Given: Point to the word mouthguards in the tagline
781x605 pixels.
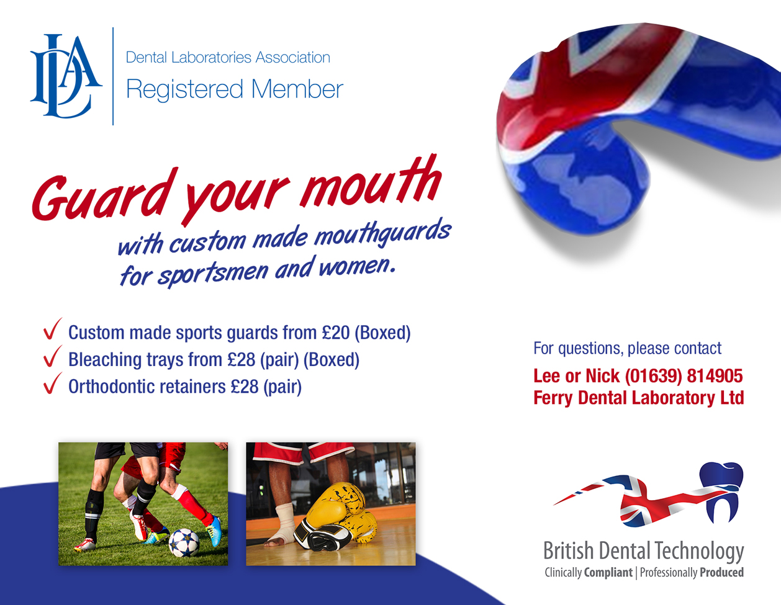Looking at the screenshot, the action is coord(383,233).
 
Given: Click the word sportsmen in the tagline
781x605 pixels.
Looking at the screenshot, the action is coord(213,274).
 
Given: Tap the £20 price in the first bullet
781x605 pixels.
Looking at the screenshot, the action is coord(336,333).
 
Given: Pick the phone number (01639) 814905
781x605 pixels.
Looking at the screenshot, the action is coord(684,376).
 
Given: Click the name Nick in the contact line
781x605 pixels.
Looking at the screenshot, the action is coord(603,376).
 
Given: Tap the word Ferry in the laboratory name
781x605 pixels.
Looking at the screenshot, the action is coord(553,398).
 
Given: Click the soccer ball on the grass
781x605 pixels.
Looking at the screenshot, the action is coord(184,542).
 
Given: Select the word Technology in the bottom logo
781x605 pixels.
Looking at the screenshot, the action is coord(698,551).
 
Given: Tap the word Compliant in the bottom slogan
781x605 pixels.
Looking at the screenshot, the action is coord(608,572).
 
